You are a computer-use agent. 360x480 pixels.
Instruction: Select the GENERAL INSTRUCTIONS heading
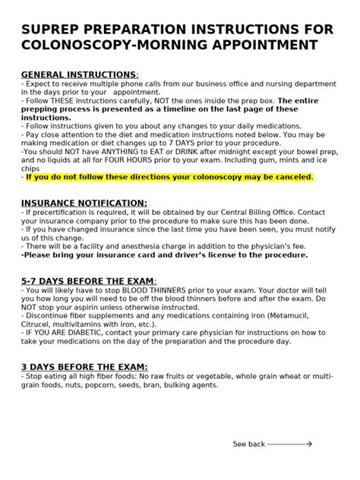[80, 74]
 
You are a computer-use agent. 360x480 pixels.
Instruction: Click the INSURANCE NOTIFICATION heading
[84, 203]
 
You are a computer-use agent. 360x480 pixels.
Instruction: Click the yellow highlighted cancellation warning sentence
[169, 177]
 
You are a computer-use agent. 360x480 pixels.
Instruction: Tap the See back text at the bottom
[248, 444]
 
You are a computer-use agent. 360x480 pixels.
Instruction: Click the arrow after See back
[308, 444]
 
